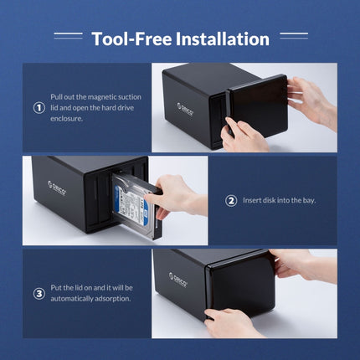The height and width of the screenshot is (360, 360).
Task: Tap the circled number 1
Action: [x=39, y=108]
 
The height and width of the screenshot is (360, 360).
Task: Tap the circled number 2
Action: [x=231, y=200]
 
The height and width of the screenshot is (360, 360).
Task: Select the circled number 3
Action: [x=39, y=293]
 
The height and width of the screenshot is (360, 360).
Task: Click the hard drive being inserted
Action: [x=132, y=209]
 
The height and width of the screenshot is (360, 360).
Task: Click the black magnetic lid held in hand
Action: [x=257, y=105]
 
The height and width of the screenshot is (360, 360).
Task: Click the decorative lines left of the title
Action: [x=68, y=36]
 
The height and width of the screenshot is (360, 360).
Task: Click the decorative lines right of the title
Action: [x=293, y=36]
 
